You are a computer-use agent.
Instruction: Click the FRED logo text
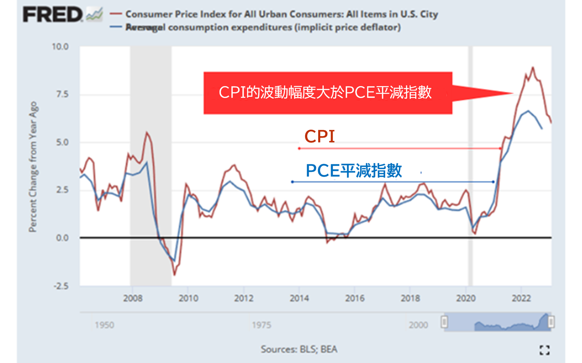coord(53,14)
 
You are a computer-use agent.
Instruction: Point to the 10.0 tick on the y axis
coord(60,46)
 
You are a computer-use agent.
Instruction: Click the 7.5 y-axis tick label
coord(62,94)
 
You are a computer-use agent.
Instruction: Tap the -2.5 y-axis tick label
coord(61,286)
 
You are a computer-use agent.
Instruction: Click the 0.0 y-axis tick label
coord(62,238)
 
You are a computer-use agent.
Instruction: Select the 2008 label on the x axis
coord(133,298)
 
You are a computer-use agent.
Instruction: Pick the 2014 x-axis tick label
coord(299,298)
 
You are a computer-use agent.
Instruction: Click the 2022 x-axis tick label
coord(521,298)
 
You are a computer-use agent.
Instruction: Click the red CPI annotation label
coord(320,136)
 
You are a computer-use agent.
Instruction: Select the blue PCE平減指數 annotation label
coord(354,170)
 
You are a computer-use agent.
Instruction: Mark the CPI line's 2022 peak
coord(533,68)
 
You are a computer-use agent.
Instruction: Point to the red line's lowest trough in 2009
coord(175,275)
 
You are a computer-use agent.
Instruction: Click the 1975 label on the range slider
coord(261,325)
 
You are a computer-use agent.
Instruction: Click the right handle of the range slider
coord(551,322)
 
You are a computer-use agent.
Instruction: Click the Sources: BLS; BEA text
coord(299,349)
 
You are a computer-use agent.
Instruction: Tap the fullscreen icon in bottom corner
coord(544,350)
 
